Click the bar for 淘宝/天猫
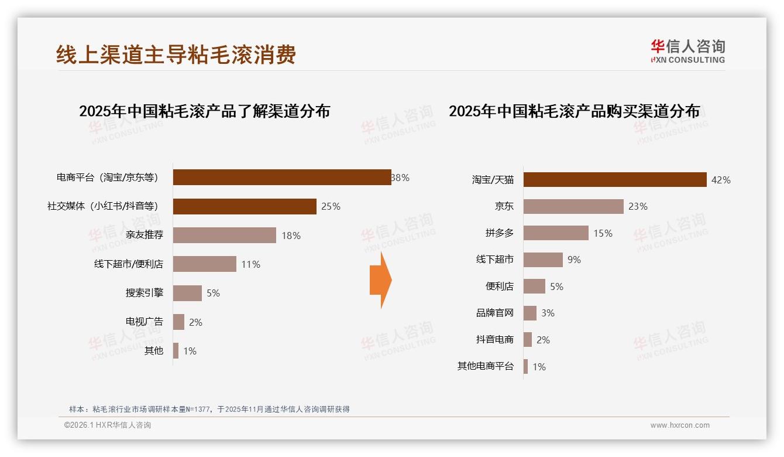pos(614,180)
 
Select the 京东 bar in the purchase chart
pos(573,206)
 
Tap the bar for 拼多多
pos(556,233)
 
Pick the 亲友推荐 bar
pos(224,236)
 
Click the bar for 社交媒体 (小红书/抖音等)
pos(245,206)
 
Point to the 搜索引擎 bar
pos(187,293)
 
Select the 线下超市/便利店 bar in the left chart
pos(205,264)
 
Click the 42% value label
pos(721,180)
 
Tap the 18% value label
pos(291,236)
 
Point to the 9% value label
pos(574,260)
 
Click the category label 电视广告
pos(145,322)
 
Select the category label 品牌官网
pos(495,313)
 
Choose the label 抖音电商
pos(495,340)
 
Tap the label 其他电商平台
pos(486,366)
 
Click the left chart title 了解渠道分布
pos(204,111)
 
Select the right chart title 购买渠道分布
pos(574,111)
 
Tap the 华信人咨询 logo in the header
pos(688,52)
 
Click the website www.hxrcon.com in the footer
pos(680,425)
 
